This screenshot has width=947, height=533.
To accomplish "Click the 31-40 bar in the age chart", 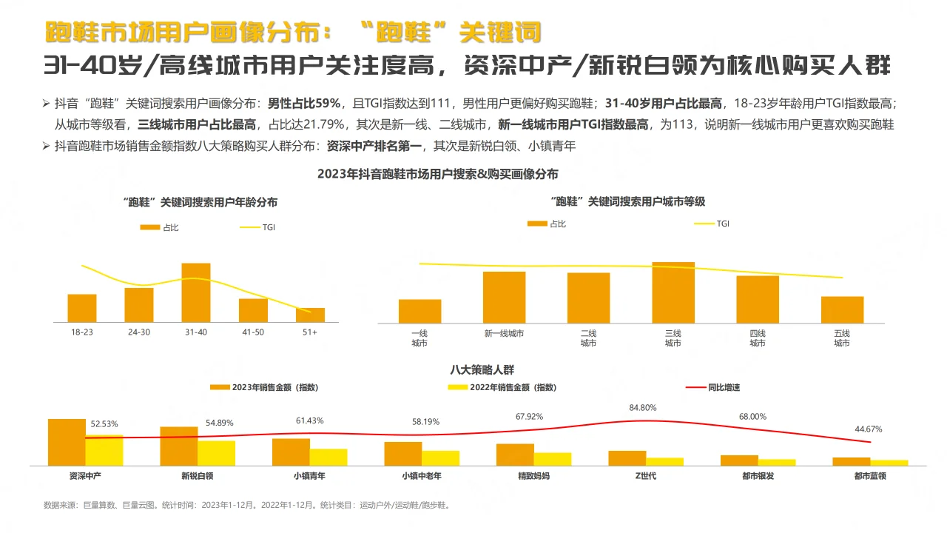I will (196, 292).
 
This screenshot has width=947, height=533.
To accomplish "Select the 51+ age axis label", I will (310, 332).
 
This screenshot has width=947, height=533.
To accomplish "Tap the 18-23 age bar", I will (82, 308).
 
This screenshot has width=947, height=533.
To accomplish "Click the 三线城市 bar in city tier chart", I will (673, 292).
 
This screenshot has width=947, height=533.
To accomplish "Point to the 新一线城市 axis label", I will (504, 334).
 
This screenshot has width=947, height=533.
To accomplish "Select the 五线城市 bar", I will (842, 309).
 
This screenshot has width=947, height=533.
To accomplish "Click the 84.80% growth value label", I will (642, 408).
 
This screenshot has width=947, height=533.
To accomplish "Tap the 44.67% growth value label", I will (868, 429).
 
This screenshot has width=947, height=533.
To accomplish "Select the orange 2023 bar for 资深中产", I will (67, 442).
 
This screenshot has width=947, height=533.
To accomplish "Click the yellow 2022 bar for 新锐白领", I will (216, 453).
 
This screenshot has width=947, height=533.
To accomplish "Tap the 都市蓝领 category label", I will (870, 476).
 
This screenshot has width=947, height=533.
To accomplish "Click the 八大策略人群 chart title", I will (482, 369).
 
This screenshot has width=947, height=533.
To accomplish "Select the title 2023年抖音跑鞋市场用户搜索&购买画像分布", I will (437, 175).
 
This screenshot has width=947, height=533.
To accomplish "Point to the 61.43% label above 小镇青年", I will (309, 420).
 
